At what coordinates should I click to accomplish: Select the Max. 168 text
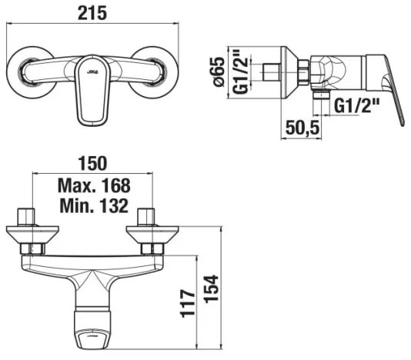click(x=93, y=185)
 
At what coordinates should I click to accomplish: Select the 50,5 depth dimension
click(x=300, y=128)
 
